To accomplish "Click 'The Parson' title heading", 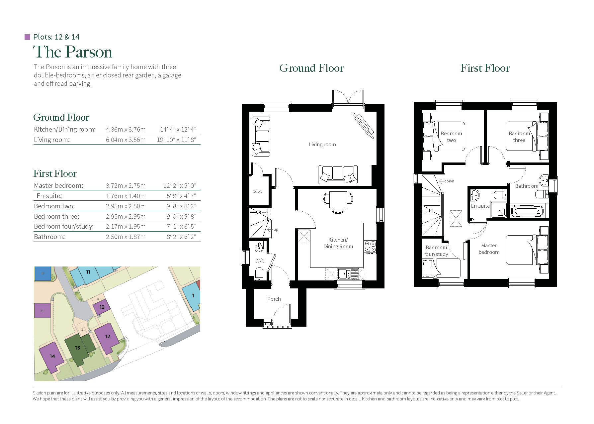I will [73, 52].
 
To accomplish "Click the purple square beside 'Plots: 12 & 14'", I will [28, 37].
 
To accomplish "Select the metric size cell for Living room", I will [126, 140].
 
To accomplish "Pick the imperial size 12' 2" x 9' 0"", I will [180, 186].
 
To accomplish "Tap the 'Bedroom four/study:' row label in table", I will [64, 227].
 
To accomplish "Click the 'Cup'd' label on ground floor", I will [257, 191].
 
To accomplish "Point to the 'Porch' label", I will [274, 299].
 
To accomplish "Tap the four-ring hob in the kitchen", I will [370, 247].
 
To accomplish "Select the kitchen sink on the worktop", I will [348, 274].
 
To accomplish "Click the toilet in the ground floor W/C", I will [259, 274].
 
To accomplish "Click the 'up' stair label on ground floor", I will [276, 230].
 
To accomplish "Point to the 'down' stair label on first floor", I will [449, 181].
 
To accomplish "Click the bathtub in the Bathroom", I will [527, 211].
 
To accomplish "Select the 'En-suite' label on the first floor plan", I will [480, 206].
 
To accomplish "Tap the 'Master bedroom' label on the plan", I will [489, 249].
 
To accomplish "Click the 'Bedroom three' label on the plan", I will [519, 137].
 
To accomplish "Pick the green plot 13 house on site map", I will [78, 348].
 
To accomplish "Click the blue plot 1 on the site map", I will [193, 296].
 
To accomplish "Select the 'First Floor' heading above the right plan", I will [485, 68].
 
